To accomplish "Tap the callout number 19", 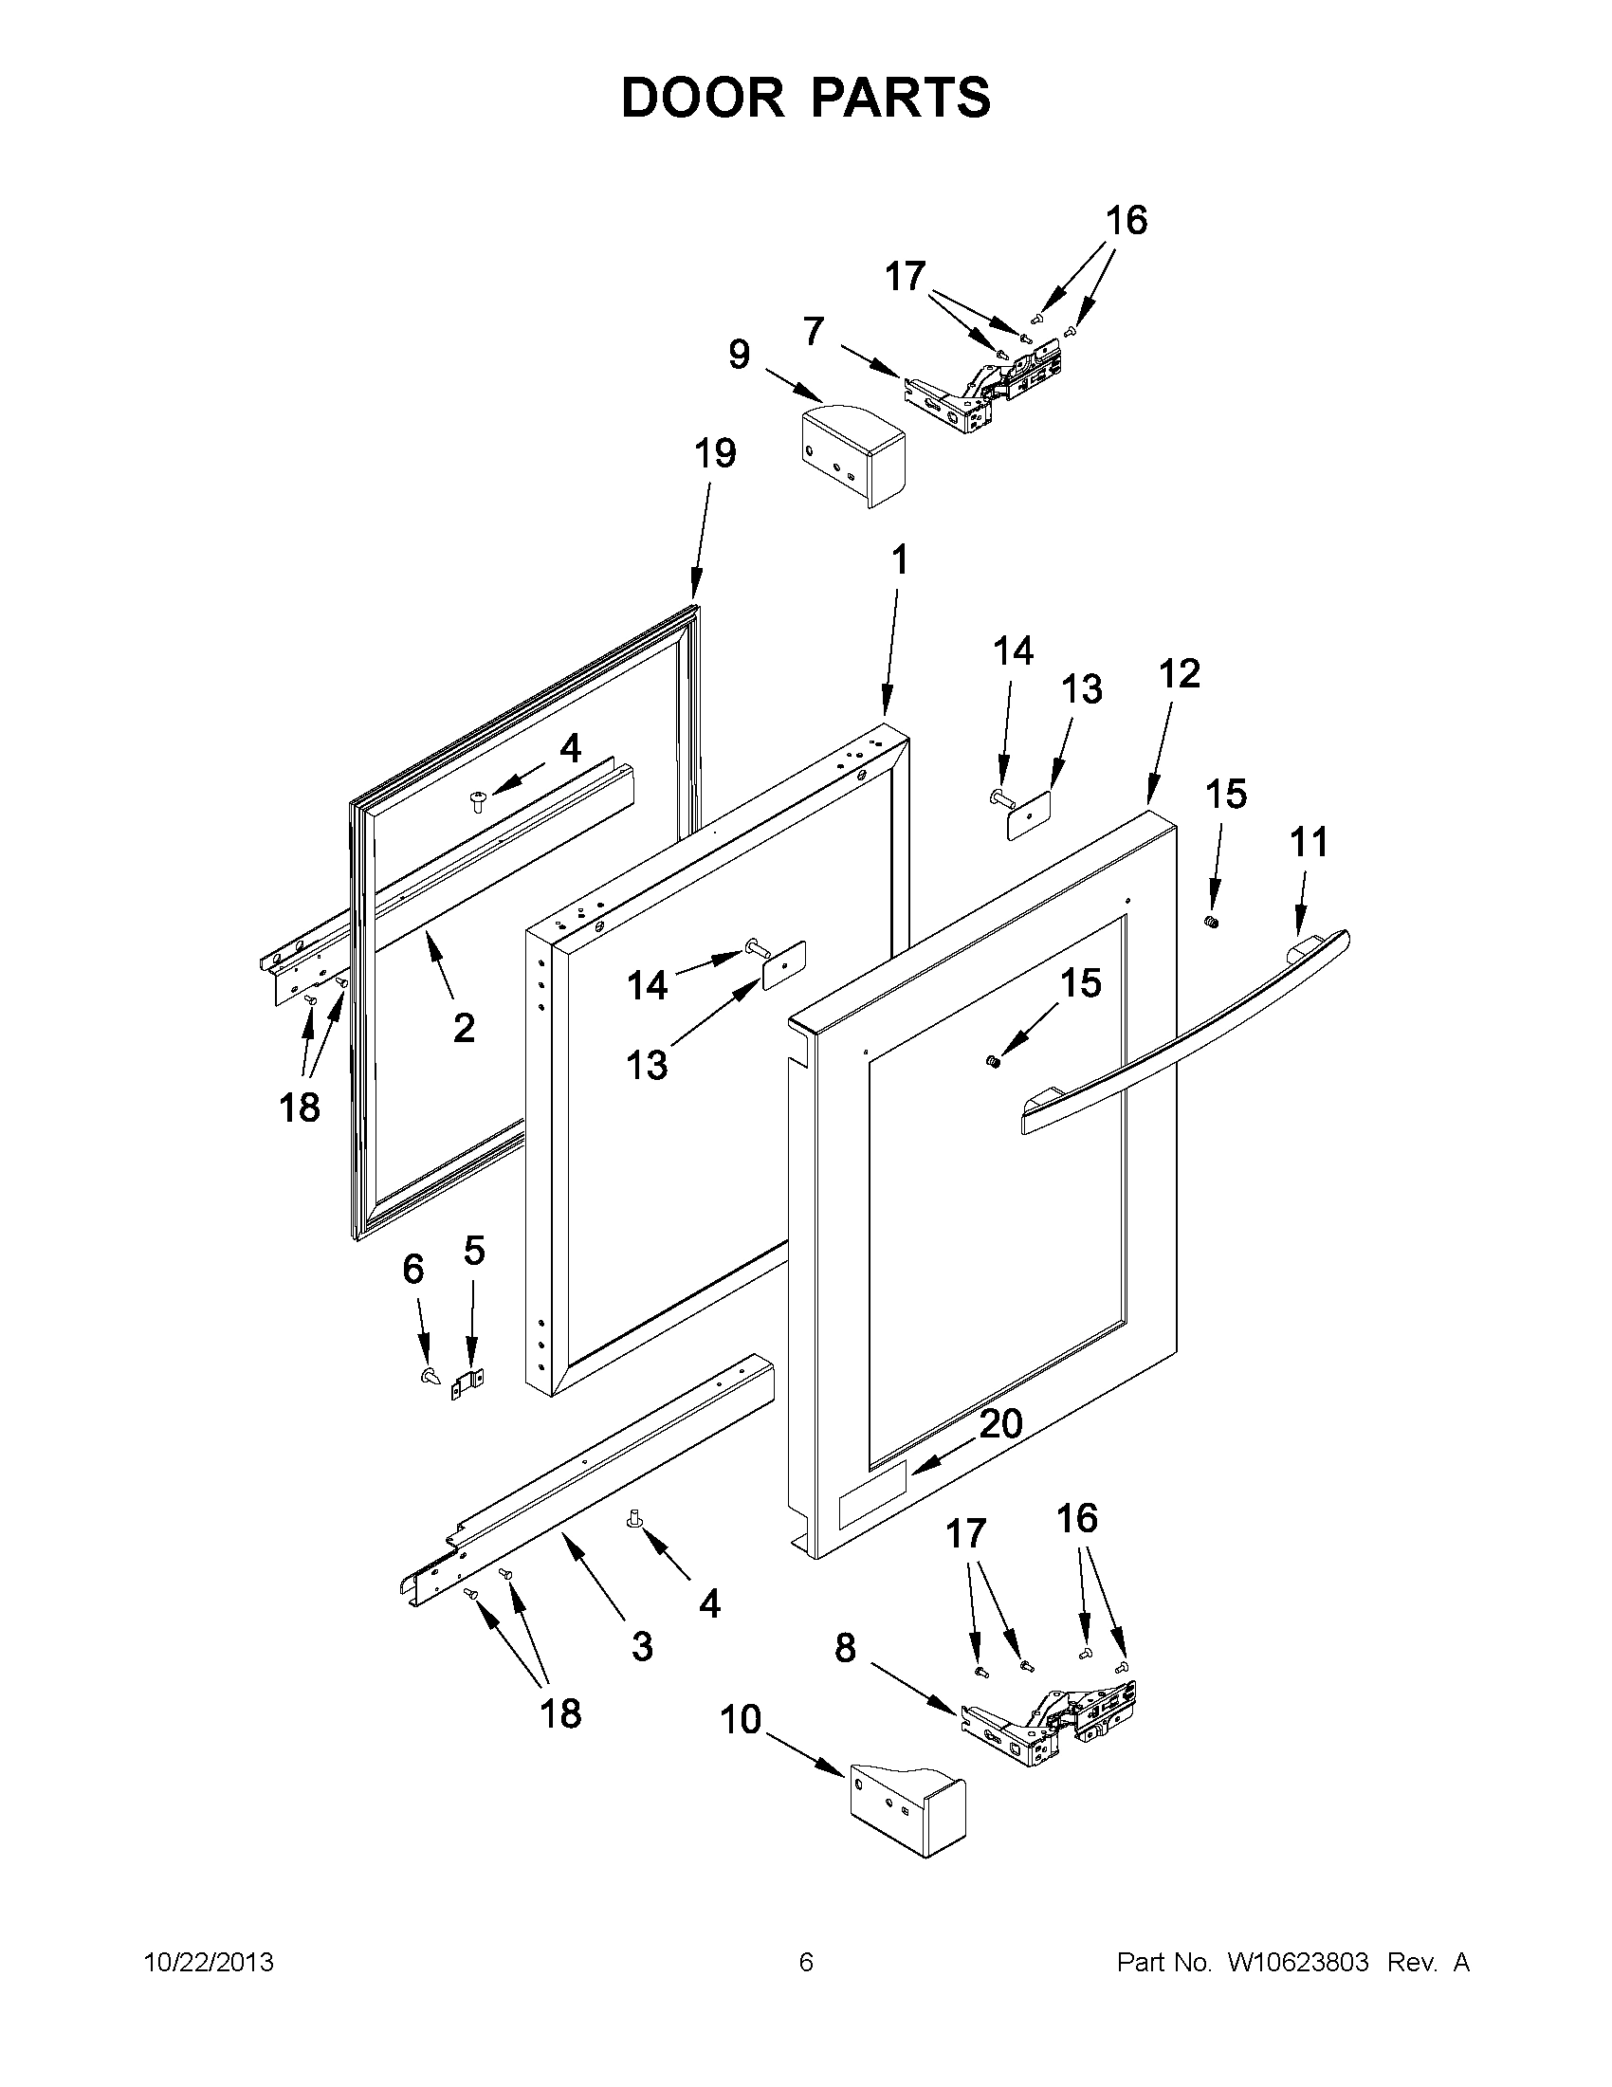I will point(715,453).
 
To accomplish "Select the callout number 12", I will point(1180,673).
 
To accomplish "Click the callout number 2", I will point(464,1028).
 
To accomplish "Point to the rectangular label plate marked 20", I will point(871,1510).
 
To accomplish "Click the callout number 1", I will point(899,561).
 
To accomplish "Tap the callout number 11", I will point(1309,842).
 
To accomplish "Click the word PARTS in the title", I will point(903,98).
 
